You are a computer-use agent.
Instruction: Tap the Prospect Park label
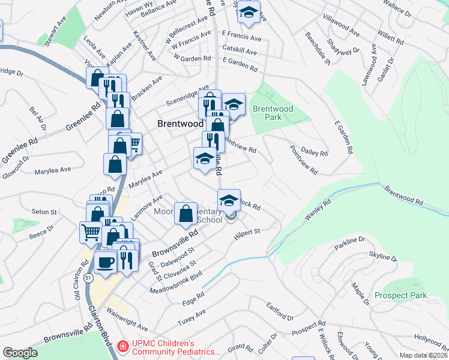coord(400,295)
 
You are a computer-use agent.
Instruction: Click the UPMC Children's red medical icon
coord(122,346)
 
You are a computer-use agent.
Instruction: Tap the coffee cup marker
coord(106,263)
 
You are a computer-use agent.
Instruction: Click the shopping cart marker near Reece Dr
coord(91,232)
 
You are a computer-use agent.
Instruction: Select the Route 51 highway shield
coord(89,279)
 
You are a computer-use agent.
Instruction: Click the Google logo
coord(20,353)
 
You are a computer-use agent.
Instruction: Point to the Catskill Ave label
coord(239,52)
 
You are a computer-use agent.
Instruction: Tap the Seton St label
coord(44,212)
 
